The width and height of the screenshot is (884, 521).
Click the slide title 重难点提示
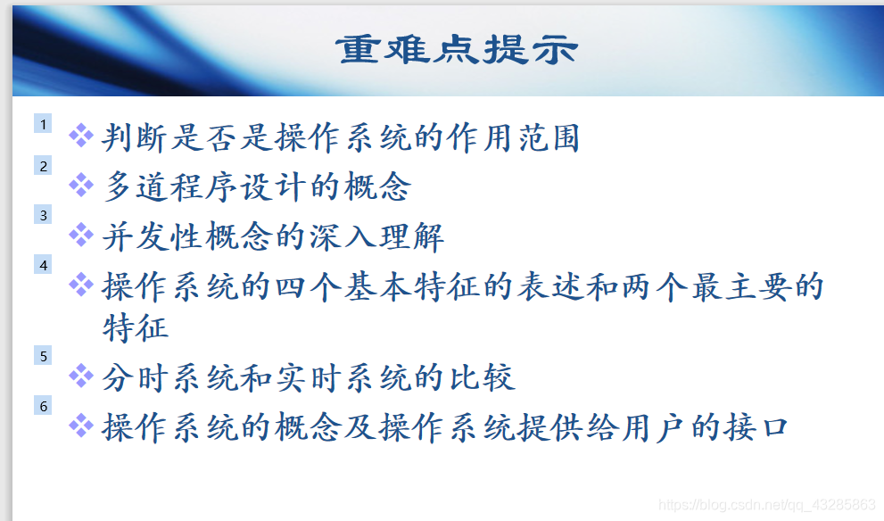tap(456, 50)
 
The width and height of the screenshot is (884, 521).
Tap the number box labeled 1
tap(43, 124)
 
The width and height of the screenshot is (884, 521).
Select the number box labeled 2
tap(43, 166)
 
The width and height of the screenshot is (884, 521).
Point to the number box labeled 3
tap(43, 215)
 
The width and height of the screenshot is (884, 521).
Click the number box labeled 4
tap(43, 265)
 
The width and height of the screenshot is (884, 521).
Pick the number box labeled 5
tap(43, 356)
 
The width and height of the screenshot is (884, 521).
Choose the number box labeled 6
tap(43, 406)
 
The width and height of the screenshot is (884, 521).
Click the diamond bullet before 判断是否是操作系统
tap(81, 136)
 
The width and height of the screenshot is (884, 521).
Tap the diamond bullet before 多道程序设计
tap(81, 186)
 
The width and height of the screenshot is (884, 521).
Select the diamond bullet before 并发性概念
tap(81, 236)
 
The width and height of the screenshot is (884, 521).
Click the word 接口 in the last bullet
tap(756, 426)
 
